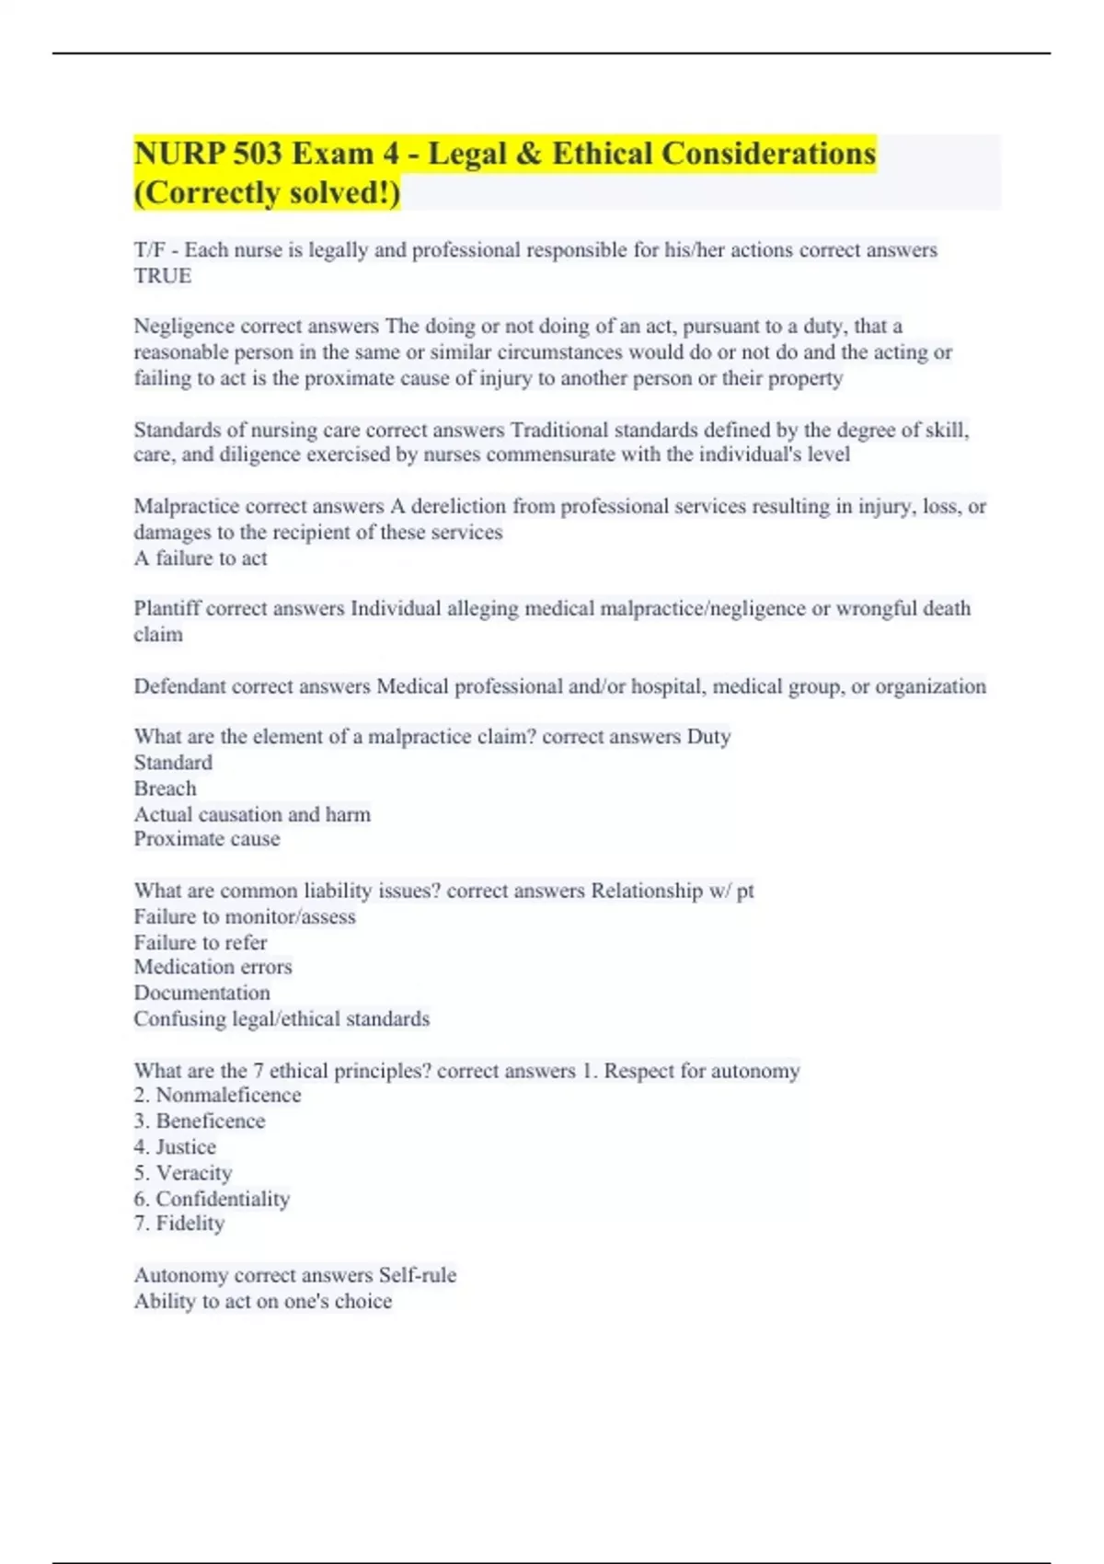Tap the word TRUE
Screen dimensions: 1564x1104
[163, 276]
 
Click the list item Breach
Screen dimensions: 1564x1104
[166, 788]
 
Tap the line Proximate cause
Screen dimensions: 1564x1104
[207, 839]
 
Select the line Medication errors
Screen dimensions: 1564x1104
[213, 967]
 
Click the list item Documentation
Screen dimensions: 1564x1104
[202, 993]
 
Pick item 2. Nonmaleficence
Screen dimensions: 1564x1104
[217, 1095]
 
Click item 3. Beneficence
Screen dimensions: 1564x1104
[200, 1121]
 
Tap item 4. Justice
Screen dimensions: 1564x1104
[175, 1147]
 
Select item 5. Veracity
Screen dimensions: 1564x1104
[183, 1173]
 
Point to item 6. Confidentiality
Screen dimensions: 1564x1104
[212, 1199]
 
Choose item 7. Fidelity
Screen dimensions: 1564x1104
[179, 1224]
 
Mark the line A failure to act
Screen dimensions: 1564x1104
[201, 558]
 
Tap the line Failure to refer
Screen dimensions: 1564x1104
[201, 942]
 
